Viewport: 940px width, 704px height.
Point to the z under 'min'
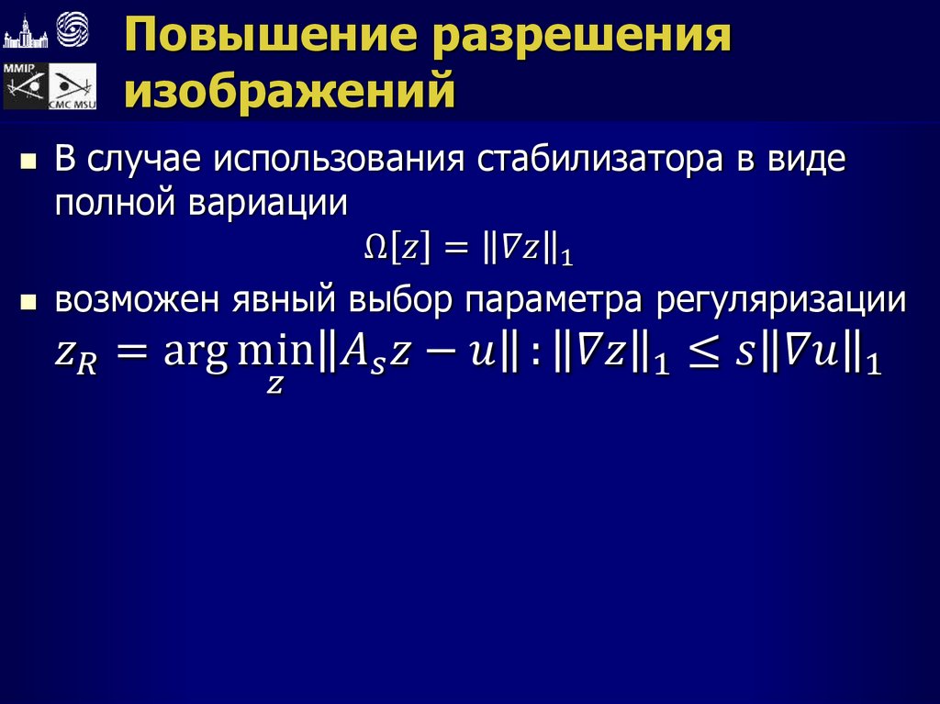click(274, 386)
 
